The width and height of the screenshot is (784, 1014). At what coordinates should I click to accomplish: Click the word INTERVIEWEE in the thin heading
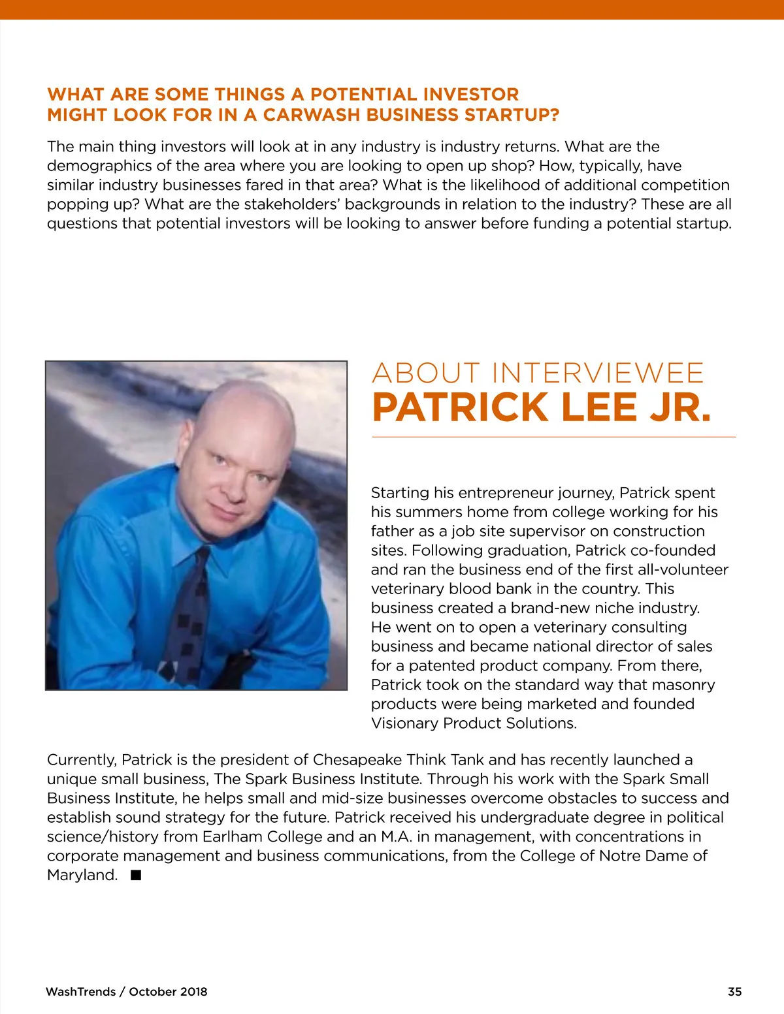click(x=598, y=373)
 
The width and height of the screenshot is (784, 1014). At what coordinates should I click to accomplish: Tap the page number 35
click(x=734, y=992)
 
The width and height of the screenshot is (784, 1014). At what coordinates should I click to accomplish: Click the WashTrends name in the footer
click(x=81, y=992)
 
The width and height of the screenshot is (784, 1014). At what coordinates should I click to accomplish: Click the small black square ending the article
click(x=136, y=875)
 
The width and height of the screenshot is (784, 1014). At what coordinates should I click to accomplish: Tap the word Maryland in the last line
click(x=82, y=875)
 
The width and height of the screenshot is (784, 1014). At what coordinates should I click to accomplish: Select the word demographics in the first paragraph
click(x=99, y=166)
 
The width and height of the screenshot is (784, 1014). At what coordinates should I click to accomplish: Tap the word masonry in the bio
click(x=685, y=685)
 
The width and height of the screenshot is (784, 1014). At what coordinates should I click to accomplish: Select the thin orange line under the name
click(x=554, y=437)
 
